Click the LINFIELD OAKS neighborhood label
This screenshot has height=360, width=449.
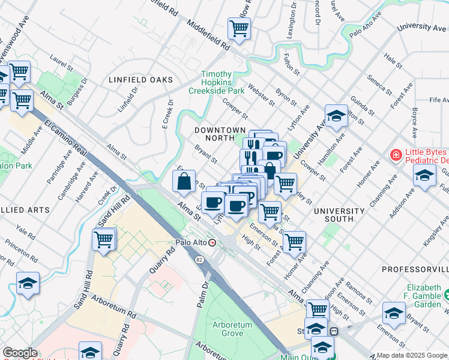point(140,80)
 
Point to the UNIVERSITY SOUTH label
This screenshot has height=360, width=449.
point(339,215)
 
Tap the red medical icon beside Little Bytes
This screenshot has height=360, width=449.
point(395,156)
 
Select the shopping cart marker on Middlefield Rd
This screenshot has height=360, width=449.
point(240,28)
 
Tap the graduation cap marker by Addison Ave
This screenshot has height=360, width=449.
point(424,176)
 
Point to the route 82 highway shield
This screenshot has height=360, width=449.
point(198,258)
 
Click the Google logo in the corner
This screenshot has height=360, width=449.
point(20,353)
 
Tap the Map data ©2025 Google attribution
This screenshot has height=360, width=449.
point(412,355)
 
